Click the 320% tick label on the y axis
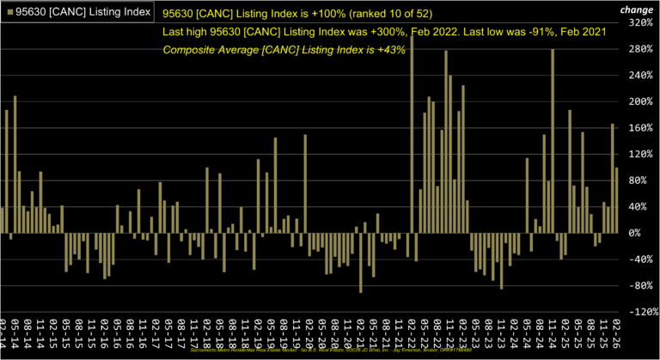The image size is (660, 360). coord(640,23)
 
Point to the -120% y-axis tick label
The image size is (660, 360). coord(640,312)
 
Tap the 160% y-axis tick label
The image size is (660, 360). coord(640,128)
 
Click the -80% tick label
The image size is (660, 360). coord(642,285)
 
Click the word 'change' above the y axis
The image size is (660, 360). coord(638,9)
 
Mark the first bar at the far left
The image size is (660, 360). coord(3,220)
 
